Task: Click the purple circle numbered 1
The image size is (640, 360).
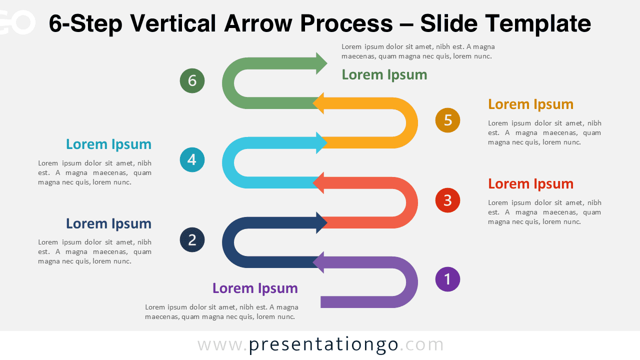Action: tap(447, 279)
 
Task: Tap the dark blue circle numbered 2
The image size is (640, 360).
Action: tap(192, 240)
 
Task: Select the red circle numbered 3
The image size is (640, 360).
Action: tap(447, 200)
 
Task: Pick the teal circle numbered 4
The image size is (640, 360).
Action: tap(192, 160)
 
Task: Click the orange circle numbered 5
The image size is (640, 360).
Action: tap(447, 120)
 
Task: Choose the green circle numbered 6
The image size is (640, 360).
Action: tap(192, 80)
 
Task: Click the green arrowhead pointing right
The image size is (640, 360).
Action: tap(321, 63)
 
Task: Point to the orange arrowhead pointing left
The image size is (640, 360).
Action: tap(319, 103)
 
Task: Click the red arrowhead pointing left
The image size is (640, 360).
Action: tap(319, 182)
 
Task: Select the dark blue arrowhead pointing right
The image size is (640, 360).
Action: tap(321, 222)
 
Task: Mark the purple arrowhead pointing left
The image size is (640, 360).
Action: tap(319, 262)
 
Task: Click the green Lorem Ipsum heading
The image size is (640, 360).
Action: tap(384, 75)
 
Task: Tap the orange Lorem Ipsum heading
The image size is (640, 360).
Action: tap(530, 104)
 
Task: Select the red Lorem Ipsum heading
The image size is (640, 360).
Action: tap(530, 184)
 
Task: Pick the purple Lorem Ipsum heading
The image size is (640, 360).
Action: tap(255, 288)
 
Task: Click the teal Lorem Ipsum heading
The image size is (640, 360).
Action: tap(108, 144)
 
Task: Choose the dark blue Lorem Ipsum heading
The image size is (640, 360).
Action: tap(108, 224)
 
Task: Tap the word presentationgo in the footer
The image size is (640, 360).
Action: tap(323, 345)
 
